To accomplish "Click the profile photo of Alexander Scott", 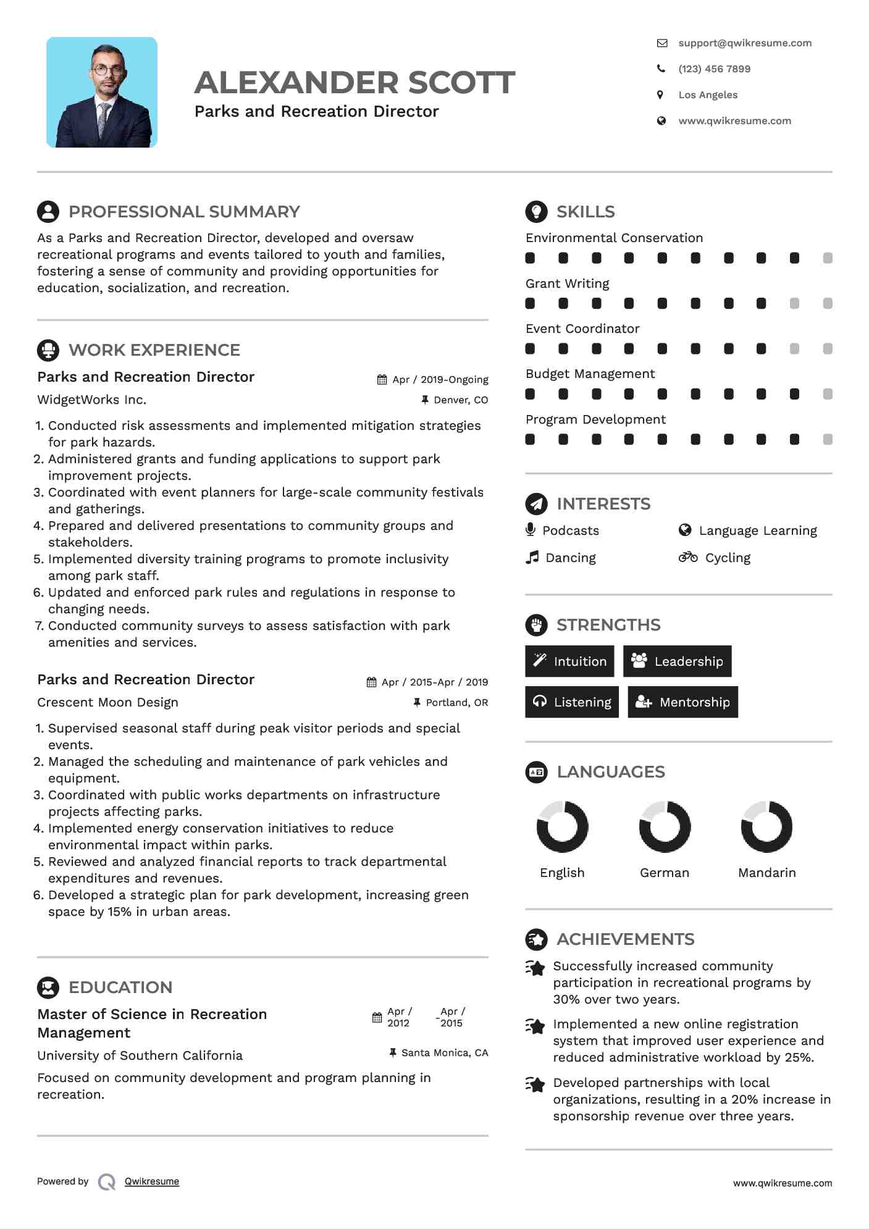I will click(x=102, y=93).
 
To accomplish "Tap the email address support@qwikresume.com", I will click(x=744, y=43).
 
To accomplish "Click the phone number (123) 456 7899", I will click(x=714, y=69).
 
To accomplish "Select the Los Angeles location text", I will click(x=708, y=95).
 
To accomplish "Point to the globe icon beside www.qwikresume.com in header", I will click(x=661, y=121).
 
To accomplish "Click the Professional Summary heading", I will click(x=184, y=212).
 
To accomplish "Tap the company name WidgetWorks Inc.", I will click(x=91, y=400).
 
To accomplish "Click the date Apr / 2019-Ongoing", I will click(x=440, y=380).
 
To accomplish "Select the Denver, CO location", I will click(x=460, y=400).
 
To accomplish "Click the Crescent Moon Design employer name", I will click(x=107, y=702).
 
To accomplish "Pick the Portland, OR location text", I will click(x=456, y=703).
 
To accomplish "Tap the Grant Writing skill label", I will click(x=567, y=283).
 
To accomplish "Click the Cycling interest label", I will click(x=728, y=558).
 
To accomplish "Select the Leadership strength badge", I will click(x=678, y=661).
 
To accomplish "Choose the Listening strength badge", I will click(x=572, y=702).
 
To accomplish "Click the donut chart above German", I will click(x=665, y=827).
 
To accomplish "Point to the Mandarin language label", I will click(x=767, y=873).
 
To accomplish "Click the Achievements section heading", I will click(x=625, y=939).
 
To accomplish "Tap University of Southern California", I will click(x=140, y=1055).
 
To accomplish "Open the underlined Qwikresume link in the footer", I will click(x=152, y=1181).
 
